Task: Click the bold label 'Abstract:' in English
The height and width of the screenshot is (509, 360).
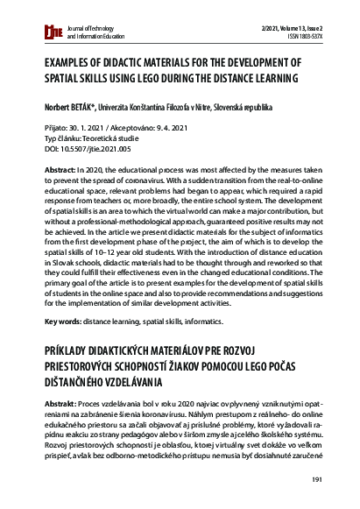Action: click(59, 166)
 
